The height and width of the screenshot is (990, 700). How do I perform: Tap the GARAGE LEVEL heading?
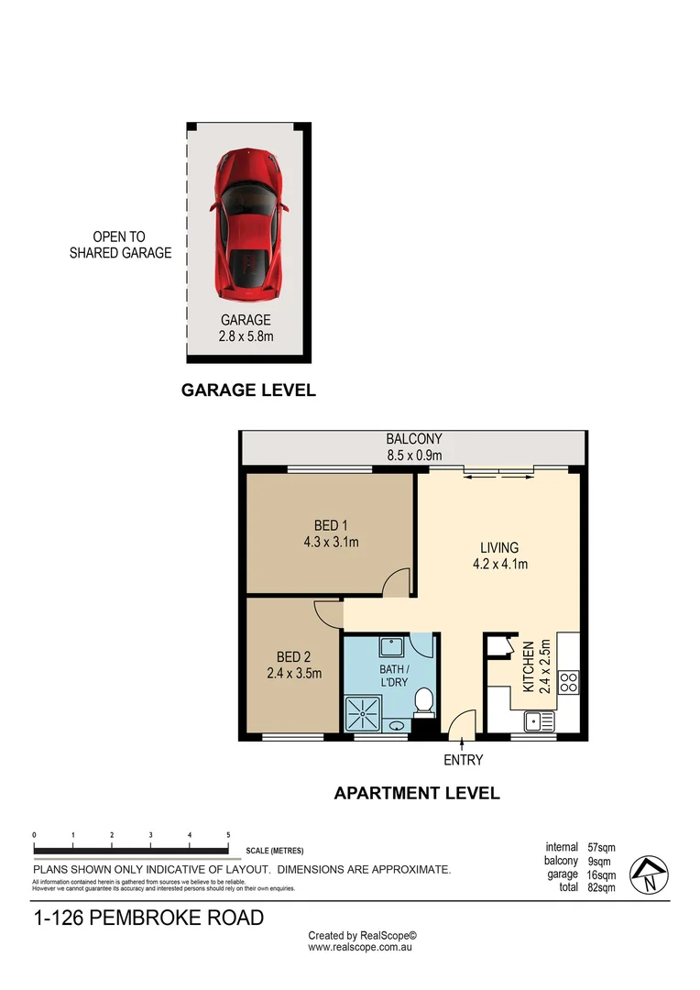[248, 390]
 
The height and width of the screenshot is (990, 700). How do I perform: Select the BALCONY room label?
[414, 439]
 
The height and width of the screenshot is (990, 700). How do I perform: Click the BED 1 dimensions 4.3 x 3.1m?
[331, 543]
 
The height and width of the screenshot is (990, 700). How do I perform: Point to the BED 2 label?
[294, 656]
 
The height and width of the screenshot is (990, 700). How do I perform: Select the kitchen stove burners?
[568, 682]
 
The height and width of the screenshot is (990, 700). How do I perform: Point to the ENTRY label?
[463, 760]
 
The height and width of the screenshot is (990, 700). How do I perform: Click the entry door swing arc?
[464, 722]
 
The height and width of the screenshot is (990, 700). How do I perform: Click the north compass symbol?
[649, 875]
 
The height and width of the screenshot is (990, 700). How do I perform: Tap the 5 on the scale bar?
[227, 835]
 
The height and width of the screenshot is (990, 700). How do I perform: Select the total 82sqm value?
[601, 887]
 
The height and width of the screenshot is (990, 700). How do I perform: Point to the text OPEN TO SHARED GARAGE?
[120, 245]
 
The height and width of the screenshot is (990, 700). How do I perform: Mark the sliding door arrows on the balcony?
[499, 474]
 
